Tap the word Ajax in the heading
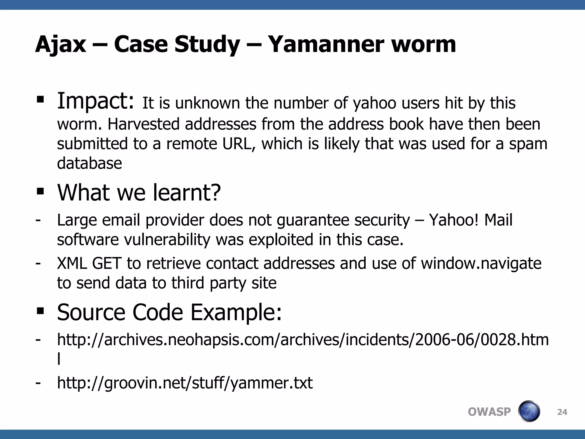click(x=61, y=45)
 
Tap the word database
click(x=89, y=163)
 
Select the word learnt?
click(x=187, y=193)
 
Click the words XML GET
click(x=89, y=263)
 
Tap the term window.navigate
click(x=481, y=263)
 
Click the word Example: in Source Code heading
click(x=236, y=312)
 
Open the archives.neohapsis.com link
click(x=303, y=340)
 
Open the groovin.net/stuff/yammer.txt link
click(x=185, y=383)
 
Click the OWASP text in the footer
click(x=489, y=412)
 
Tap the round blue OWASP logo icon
click(x=529, y=411)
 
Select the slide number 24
click(x=562, y=412)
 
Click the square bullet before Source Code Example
click(x=40, y=311)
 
